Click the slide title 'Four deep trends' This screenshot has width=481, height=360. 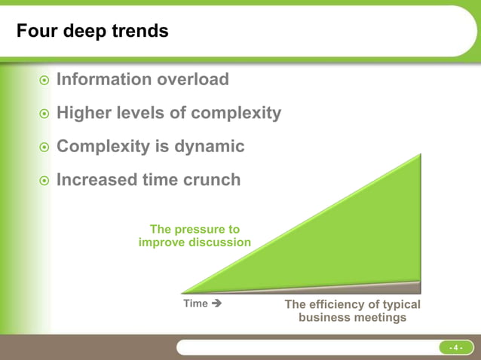pos(92,32)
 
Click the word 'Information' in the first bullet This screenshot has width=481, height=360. pos(105,79)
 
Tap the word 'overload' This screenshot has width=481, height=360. pos(194,79)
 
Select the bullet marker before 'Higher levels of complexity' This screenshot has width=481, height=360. pos(44,114)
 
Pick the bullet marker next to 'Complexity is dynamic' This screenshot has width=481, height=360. pos(44,148)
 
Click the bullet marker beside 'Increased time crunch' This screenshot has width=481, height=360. pos(44,181)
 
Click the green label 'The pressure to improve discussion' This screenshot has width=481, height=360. pos(195,236)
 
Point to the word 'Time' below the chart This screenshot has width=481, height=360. pos(195,304)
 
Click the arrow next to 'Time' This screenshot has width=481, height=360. pos(216,304)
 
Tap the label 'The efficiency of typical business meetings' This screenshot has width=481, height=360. pos(352,311)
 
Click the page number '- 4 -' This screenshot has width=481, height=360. pos(455,347)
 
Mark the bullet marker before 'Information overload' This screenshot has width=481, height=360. pos(44,81)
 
